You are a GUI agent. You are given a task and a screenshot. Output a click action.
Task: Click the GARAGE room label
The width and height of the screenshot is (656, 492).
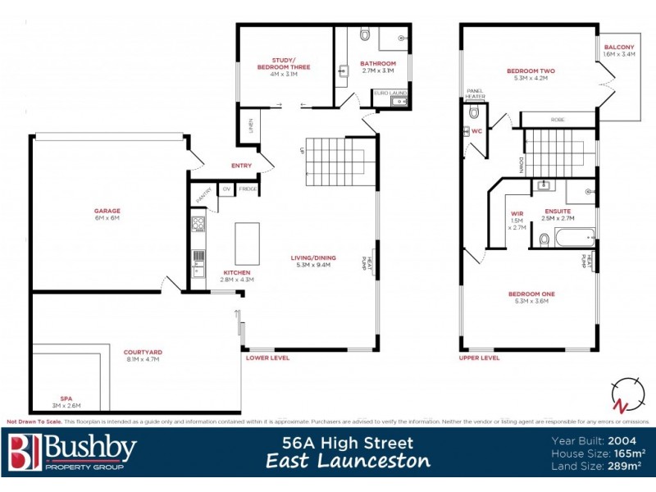[107, 212]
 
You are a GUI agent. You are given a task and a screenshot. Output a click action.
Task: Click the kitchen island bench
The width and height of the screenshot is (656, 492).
[247, 244]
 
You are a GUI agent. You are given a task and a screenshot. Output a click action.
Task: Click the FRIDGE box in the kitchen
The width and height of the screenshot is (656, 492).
[248, 189]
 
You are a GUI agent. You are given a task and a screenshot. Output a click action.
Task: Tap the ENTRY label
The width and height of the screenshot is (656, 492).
[241, 166]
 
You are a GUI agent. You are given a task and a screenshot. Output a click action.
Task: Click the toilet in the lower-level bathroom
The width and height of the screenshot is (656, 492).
[365, 34]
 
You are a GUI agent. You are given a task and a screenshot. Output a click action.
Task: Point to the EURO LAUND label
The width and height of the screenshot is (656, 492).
[390, 93]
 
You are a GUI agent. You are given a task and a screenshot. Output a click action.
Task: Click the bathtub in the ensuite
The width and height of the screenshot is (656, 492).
[574, 239]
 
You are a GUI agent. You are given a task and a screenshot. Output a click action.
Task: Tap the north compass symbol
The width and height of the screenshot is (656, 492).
[626, 395]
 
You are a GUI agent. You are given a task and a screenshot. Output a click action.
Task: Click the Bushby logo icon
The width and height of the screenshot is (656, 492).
[24, 452]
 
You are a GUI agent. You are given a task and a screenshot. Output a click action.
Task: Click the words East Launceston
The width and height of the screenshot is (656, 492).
[348, 461]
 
